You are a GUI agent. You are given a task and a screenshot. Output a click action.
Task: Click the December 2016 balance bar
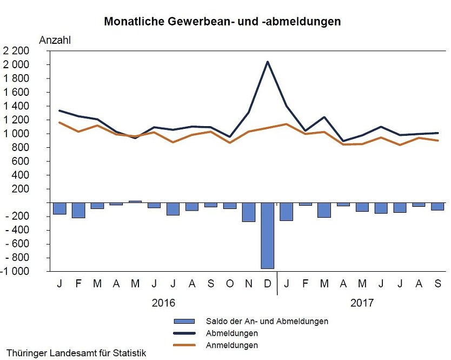point(267,235)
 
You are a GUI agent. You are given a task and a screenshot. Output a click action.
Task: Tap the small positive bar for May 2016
point(135,201)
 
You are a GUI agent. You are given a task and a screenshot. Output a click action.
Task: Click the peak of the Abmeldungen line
point(267,62)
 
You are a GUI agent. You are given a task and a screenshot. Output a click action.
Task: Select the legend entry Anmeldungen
point(231,345)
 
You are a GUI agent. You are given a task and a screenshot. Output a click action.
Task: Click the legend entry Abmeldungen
point(231,333)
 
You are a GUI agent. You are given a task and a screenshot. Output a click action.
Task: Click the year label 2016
point(164,303)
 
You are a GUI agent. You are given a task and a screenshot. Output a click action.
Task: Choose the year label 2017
point(362,303)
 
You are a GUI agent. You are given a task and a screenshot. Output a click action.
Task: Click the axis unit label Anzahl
point(55,40)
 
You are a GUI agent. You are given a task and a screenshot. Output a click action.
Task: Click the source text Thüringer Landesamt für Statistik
point(76,354)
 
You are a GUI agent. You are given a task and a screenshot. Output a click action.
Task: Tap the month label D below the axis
point(267,284)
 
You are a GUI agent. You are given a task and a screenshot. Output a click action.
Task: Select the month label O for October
point(230,284)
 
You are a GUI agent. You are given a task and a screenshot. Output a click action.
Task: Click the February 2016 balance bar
point(78,210)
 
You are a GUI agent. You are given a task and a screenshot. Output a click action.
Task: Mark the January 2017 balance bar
point(286,211)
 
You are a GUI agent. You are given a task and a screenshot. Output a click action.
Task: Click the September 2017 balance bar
point(437,206)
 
